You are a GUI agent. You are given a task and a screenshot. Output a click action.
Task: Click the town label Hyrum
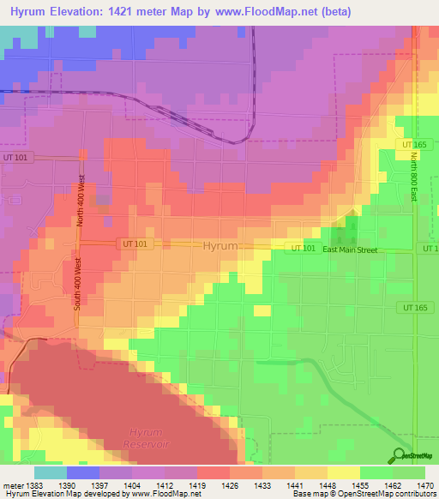220,246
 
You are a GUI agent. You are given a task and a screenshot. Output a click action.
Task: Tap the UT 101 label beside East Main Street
302,249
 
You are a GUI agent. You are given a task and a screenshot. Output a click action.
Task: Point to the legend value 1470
415,486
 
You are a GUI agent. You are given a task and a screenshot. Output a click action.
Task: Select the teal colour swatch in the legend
51,472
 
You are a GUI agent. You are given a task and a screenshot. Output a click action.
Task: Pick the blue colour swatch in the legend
83,472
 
